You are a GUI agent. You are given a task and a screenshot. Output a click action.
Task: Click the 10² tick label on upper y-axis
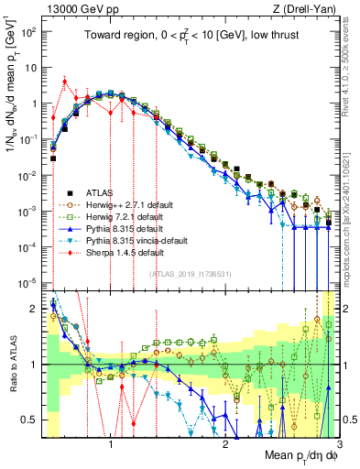tap(29, 31)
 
